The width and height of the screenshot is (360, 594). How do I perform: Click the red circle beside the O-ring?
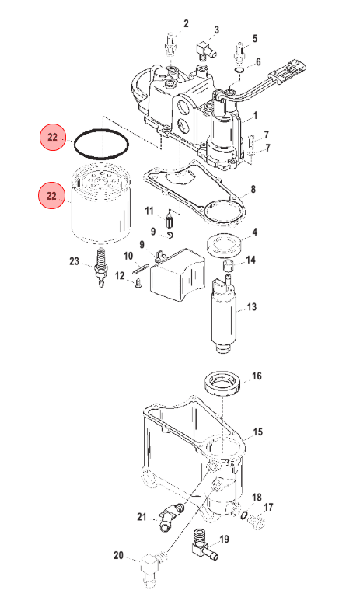coord(53,137)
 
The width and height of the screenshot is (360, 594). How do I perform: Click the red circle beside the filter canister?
coord(51,196)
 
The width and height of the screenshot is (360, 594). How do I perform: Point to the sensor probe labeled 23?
coord(101,267)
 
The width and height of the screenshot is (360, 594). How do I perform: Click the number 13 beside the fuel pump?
coord(252,307)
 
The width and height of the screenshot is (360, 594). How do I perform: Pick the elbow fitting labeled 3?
coord(204,51)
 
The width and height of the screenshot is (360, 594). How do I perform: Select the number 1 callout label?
coord(255,115)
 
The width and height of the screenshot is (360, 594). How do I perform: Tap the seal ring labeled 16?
coord(223,385)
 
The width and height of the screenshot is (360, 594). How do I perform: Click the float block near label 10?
coord(177,274)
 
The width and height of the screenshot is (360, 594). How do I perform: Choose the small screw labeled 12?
coord(138,283)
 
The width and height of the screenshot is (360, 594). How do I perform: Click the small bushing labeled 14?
coord(229,266)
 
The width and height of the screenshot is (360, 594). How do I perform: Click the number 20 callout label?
coord(119,555)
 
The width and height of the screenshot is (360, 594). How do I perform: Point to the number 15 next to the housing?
coord(257,432)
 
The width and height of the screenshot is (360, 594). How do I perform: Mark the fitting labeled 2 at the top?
coord(170,44)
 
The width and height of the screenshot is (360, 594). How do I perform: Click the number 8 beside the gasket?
coord(253,189)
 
